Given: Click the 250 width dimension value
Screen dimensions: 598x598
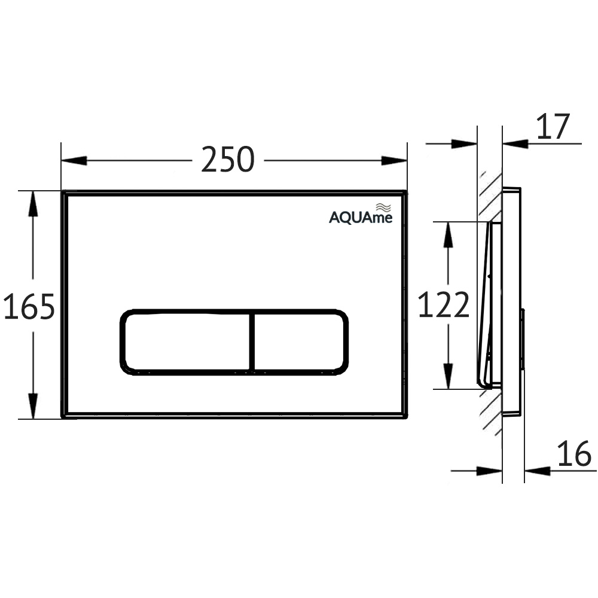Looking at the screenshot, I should (228, 160).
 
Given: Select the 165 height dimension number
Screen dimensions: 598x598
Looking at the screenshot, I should (29, 307).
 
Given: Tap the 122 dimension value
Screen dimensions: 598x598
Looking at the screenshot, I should (443, 306).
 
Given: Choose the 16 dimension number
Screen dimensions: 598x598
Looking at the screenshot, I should (573, 454).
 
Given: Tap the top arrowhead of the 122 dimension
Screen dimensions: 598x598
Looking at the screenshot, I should (446, 235).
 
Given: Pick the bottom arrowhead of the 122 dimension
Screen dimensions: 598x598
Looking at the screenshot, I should (446, 376).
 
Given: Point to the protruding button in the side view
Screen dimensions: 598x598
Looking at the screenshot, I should (523, 338).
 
